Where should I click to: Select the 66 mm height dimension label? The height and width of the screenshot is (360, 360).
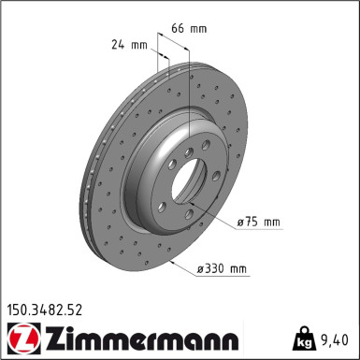(x=188, y=29)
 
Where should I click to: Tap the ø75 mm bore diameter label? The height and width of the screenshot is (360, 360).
(x=260, y=222)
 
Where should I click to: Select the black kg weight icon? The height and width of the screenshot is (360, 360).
(x=304, y=338)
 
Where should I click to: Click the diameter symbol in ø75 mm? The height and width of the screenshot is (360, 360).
(x=241, y=222)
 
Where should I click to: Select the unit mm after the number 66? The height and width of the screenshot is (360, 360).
(x=198, y=29)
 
